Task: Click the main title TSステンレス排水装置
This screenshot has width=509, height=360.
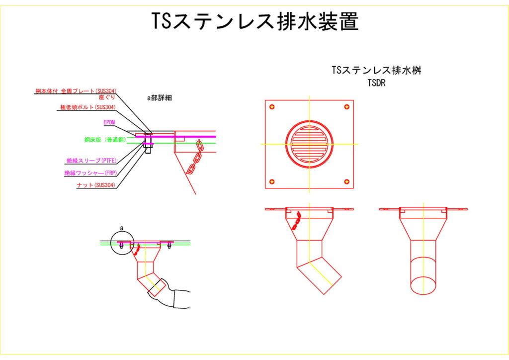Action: [x=254, y=21]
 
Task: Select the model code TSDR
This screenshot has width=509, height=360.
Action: [x=376, y=84]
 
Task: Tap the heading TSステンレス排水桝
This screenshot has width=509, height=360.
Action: [x=376, y=71]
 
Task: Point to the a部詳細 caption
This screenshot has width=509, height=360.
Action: [x=159, y=98]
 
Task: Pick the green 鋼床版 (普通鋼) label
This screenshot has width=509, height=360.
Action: [x=105, y=140]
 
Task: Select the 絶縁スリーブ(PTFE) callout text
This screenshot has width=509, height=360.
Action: [x=91, y=161]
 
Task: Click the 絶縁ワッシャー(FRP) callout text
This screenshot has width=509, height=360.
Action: [x=90, y=173]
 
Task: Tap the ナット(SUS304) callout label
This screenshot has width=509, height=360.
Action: [x=96, y=185]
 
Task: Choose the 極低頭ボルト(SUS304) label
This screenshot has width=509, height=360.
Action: [x=88, y=107]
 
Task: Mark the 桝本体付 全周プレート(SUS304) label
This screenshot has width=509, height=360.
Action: [x=76, y=91]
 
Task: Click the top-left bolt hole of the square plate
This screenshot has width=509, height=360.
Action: [x=272, y=107]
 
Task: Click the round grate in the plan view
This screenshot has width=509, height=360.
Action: [x=309, y=144]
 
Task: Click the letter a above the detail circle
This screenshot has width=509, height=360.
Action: [x=121, y=228]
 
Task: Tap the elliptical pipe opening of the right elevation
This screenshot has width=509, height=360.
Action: [x=424, y=285]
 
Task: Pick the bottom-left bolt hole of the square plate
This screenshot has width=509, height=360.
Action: [x=272, y=181]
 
